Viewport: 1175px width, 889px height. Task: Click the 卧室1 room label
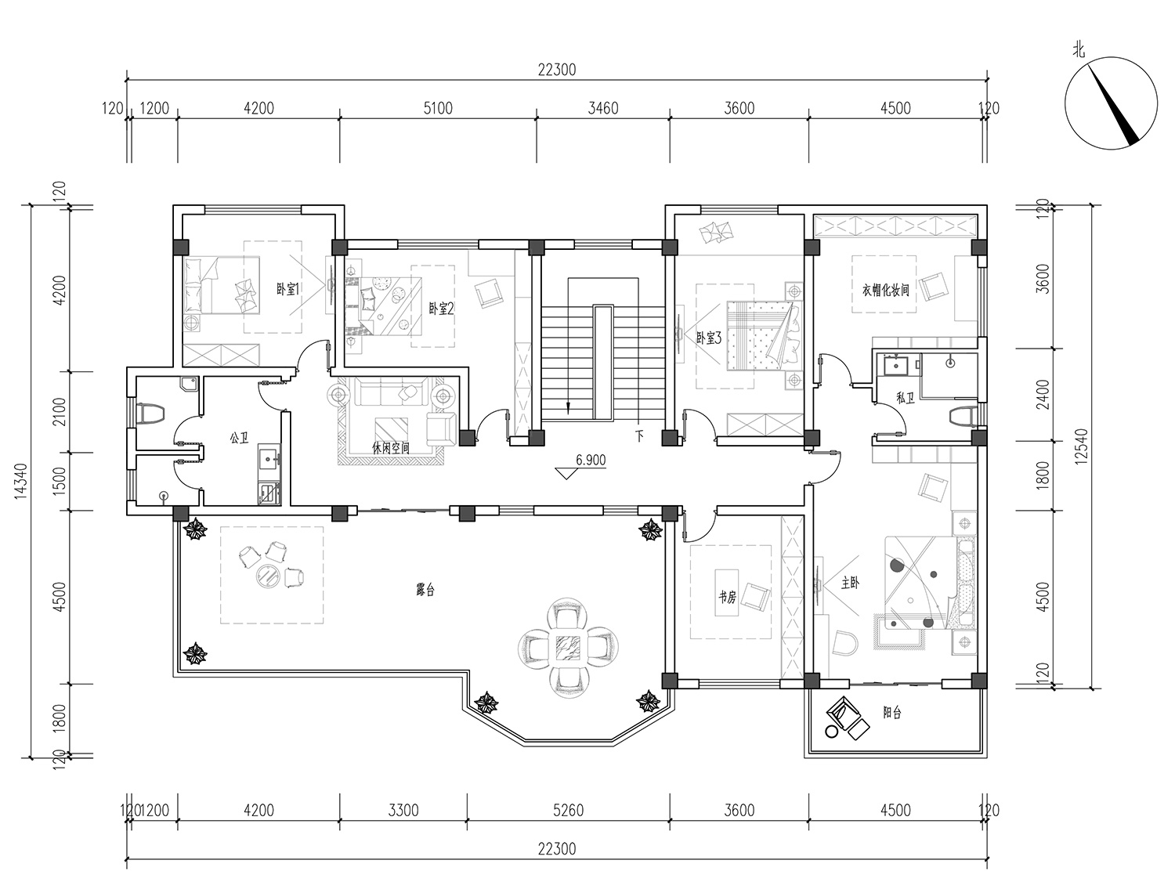(287, 290)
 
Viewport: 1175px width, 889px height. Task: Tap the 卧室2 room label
(442, 309)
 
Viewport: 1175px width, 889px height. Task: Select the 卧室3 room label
(709, 338)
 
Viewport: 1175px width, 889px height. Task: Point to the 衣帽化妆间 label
(885, 290)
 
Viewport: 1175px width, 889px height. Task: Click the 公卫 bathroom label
(239, 439)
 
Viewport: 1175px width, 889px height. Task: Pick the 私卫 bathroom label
(906, 398)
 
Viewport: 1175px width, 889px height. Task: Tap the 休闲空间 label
(391, 447)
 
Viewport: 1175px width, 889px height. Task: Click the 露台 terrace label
(425, 590)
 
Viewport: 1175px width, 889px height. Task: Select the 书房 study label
(727, 598)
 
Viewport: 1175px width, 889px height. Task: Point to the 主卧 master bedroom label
(850, 583)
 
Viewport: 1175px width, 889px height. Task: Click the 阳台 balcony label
(891, 713)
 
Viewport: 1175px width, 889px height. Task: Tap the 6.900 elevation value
(591, 460)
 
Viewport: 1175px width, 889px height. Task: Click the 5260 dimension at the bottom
(568, 811)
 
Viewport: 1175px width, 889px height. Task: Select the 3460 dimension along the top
(602, 108)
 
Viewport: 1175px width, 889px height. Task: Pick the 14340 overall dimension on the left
(21, 481)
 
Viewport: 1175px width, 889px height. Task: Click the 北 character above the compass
(1078, 50)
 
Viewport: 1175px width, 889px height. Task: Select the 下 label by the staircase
(640, 435)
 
